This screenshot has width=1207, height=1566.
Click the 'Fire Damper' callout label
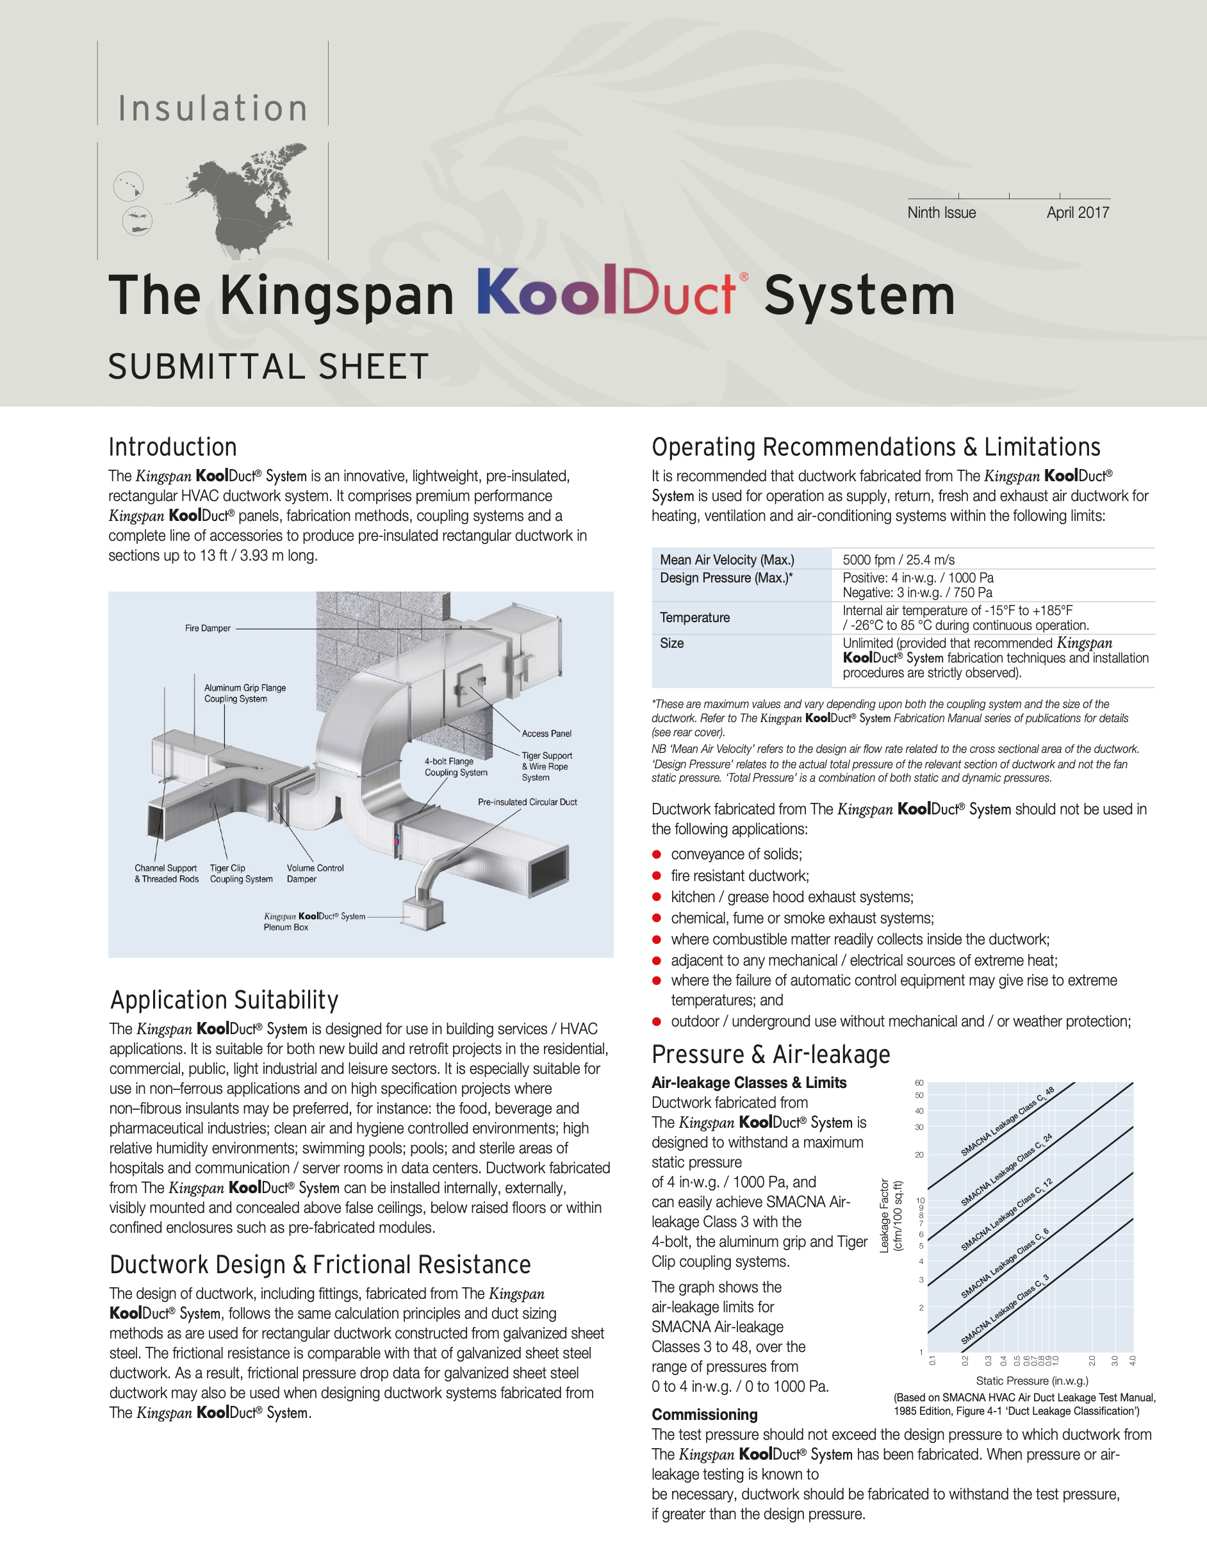tap(207, 628)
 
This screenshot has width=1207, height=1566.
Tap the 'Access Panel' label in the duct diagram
tap(546, 734)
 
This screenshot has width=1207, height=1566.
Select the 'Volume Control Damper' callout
tap(315, 873)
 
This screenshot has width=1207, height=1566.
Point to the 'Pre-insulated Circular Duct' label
tap(527, 802)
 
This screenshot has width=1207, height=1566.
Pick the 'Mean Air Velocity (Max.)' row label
tap(727, 559)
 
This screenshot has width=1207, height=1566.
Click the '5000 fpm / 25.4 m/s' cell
tap(898, 559)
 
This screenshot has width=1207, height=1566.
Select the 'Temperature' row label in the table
tap(694, 618)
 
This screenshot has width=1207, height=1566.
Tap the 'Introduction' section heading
tap(173, 447)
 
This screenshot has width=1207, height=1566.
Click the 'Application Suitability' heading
tap(224, 1000)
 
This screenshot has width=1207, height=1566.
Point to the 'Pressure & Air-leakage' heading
tap(771, 1054)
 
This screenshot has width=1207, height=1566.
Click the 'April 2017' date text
tap(1078, 212)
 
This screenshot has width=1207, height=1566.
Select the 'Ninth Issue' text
tap(941, 212)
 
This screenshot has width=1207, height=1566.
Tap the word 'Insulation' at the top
tap(213, 108)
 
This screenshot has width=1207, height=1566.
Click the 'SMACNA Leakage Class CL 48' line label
tap(1007, 1122)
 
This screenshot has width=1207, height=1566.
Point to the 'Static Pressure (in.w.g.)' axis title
tap(1031, 1380)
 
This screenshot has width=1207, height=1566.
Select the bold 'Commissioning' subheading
tap(705, 1414)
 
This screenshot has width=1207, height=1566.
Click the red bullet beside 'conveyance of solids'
tap(656, 854)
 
